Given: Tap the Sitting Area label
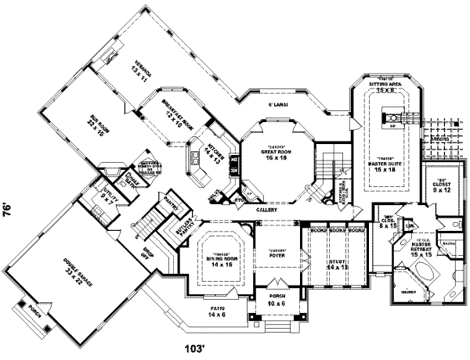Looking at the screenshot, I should [x=383, y=88].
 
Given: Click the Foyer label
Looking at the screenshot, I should [x=276, y=232].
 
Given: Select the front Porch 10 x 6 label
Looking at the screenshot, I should [x=276, y=299].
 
